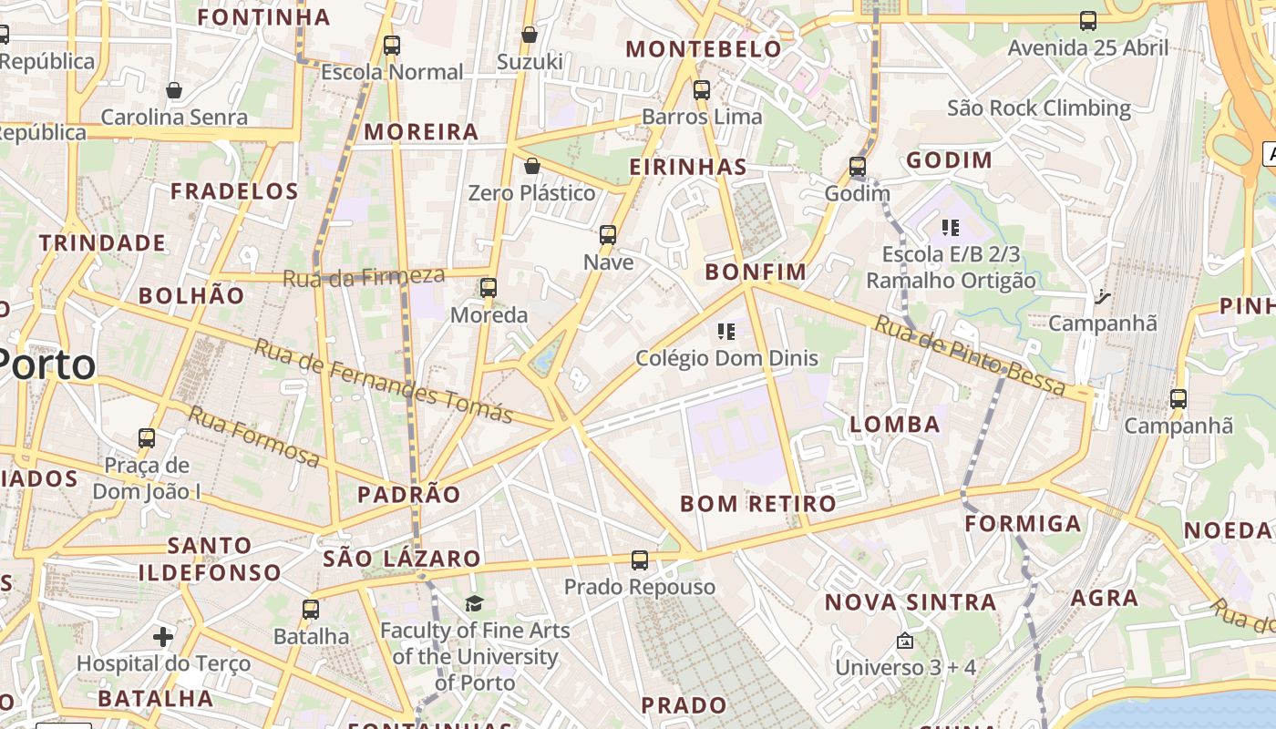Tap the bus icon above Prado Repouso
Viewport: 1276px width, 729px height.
[640, 560]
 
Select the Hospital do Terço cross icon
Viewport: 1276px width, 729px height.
[163, 636]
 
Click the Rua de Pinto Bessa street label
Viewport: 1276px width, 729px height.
[970, 355]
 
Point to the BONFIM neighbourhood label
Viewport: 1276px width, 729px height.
[756, 272]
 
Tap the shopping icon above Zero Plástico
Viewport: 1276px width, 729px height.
[531, 166]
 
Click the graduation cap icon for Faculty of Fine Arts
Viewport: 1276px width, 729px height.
[474, 603]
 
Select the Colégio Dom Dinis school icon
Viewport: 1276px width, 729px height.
[726, 332]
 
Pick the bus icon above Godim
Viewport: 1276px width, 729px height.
[858, 167]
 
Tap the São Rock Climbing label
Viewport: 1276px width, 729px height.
[1038, 108]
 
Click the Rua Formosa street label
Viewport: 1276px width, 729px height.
[254, 437]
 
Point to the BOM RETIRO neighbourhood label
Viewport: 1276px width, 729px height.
[757, 504]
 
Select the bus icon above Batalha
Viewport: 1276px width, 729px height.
[311, 609]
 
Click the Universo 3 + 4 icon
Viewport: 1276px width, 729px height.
[904, 641]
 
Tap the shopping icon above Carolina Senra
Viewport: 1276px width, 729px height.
[174, 90]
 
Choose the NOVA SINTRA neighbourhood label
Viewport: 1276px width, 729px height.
[910, 602]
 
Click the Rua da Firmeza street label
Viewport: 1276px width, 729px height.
[364, 277]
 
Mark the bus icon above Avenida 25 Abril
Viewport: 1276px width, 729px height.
[1087, 20]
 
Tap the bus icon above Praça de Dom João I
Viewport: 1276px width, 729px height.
[147, 437]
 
